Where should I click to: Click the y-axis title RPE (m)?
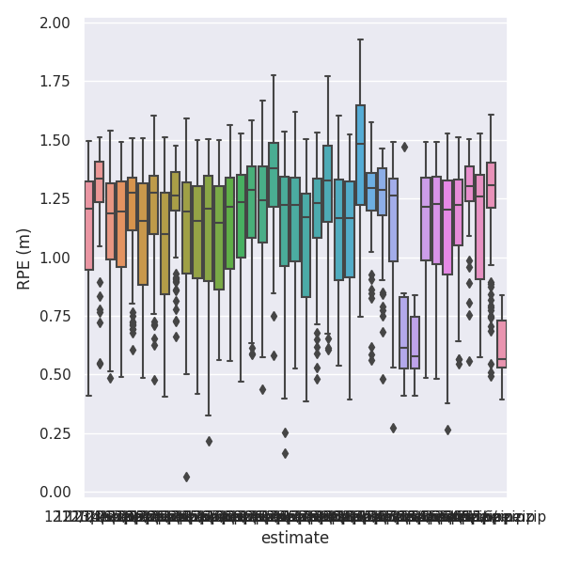pos(24,258)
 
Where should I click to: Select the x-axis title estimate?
pos(295,539)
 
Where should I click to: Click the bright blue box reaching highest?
pos(360,155)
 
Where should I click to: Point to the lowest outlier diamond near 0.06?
pos(186,477)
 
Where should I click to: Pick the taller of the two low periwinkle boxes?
pos(404,332)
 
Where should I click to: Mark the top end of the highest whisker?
pos(360,39)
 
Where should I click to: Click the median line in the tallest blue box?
pos(360,144)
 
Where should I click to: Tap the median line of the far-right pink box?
pos(502,359)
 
